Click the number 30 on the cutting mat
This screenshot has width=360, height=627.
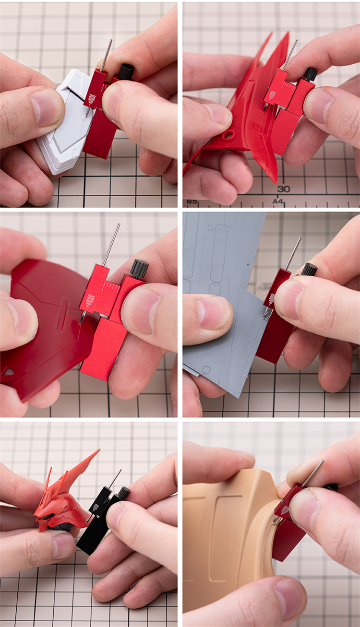(284, 189)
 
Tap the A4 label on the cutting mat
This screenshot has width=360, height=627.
(277, 201)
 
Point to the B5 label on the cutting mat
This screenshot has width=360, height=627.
(192, 201)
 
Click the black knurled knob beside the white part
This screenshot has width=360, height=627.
(127, 71)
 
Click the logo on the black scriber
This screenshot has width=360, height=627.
(95, 507)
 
